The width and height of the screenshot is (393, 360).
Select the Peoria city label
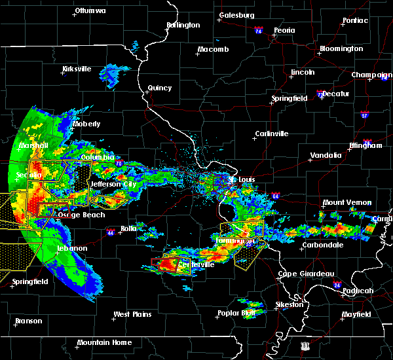click(284, 30)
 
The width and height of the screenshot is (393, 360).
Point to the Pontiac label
click(355, 20)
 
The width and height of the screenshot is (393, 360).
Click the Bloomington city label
click(341, 49)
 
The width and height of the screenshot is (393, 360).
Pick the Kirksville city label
click(78, 69)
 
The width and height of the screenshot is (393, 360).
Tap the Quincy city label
click(160, 88)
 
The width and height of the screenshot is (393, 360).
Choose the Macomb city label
click(214, 50)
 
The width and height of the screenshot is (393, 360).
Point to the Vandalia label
click(326, 155)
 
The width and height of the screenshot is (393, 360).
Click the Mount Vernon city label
click(346, 203)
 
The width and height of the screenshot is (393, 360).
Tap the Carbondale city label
click(322, 245)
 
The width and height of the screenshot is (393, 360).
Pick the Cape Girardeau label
click(306, 274)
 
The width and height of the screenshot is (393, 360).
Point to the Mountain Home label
click(104, 342)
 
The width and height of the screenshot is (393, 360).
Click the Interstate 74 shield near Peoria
click(258, 31)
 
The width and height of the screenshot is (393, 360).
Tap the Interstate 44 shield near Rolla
click(110, 231)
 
